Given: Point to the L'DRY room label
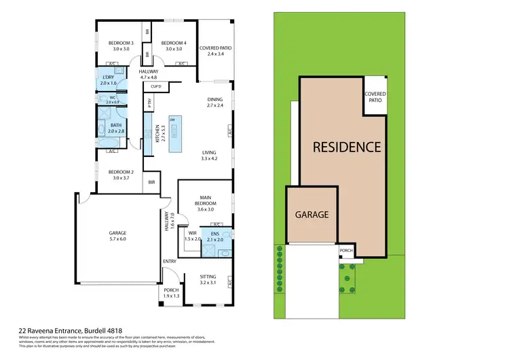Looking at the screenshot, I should [x=109, y=80].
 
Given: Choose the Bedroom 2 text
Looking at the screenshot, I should [x=120, y=175].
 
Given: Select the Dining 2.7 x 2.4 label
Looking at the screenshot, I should [x=215, y=103].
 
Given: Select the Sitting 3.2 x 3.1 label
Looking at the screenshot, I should [x=208, y=279].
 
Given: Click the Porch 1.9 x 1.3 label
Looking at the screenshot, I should [x=171, y=293].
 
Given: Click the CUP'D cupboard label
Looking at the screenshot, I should [x=155, y=86].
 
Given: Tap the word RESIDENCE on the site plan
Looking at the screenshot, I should [x=346, y=147].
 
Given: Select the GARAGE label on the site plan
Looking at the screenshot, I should [x=311, y=214].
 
